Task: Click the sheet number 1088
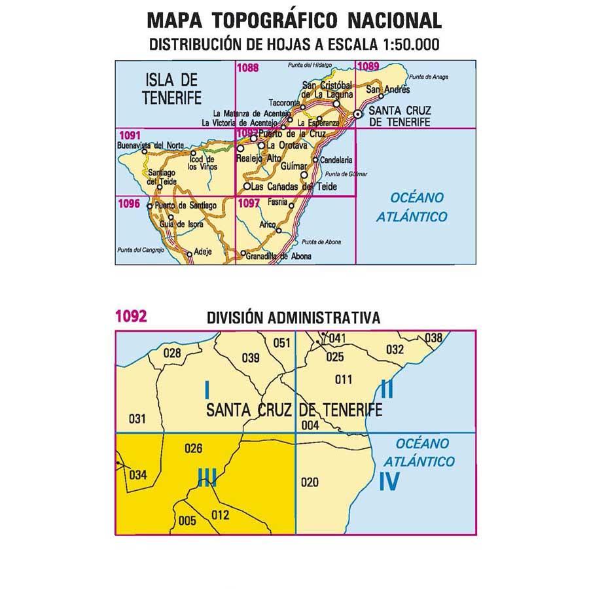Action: point(248,67)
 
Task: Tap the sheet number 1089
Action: point(368,65)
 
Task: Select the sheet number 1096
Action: point(128,203)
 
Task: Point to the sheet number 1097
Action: point(249,203)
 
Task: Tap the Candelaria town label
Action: point(338,159)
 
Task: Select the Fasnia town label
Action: point(278,202)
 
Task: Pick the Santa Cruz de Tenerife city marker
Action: point(358,115)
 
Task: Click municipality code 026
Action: point(194,449)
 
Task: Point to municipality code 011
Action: point(343,380)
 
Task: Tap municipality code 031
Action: point(137,419)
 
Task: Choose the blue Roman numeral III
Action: point(206,482)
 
